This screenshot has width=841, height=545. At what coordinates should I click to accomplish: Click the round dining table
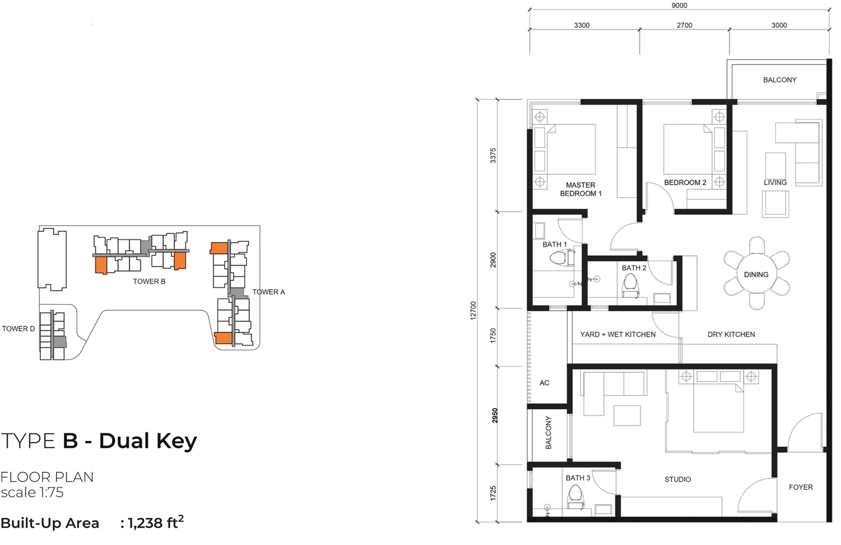pos(756,274)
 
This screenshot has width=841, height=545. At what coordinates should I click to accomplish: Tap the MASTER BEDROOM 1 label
pos(580,189)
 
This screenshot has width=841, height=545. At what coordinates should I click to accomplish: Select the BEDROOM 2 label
pos(685,182)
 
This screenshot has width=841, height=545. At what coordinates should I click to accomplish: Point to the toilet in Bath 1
pos(559,258)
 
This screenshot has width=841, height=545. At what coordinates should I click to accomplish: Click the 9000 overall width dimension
pos(679,6)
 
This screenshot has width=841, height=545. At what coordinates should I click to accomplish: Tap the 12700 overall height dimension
pos(473,311)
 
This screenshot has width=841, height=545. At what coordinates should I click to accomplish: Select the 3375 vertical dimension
pos(493,156)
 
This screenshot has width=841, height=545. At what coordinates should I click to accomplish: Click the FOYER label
pos(800,487)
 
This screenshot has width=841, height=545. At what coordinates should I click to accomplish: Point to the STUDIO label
pos(677,479)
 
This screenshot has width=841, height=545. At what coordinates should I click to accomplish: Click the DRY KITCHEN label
pos(731,334)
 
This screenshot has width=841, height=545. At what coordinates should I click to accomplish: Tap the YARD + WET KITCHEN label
pos(617,334)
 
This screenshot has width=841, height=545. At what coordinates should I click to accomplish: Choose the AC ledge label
pos(544,383)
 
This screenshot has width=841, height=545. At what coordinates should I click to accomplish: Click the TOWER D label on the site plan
pos(18,329)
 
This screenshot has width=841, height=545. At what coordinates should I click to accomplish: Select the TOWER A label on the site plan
pos(268,292)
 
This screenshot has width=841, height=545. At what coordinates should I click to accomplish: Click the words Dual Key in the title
pos(148,441)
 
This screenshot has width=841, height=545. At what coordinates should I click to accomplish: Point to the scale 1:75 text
pos(32,493)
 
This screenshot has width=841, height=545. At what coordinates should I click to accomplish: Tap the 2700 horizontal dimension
pos(684,26)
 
